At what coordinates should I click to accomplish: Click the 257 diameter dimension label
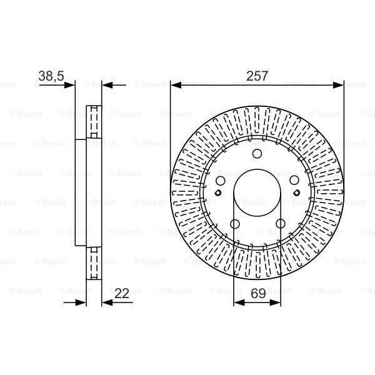pos(257,76)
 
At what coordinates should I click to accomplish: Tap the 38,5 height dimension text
pos(51,76)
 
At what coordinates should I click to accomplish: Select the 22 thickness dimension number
pos(122,292)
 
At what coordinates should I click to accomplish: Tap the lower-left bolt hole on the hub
pos(235,224)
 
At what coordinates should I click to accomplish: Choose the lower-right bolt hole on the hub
pos(279,224)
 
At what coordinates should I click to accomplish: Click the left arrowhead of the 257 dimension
pos(175,84)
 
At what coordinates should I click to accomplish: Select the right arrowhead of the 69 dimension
pos(275,302)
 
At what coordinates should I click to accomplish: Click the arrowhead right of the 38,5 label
pos(69,84)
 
